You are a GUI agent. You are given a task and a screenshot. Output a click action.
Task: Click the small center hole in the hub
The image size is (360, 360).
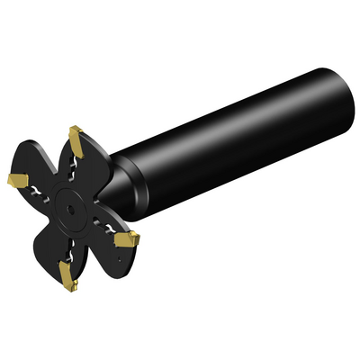68,205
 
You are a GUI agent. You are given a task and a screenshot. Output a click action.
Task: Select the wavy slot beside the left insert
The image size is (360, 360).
38,190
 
